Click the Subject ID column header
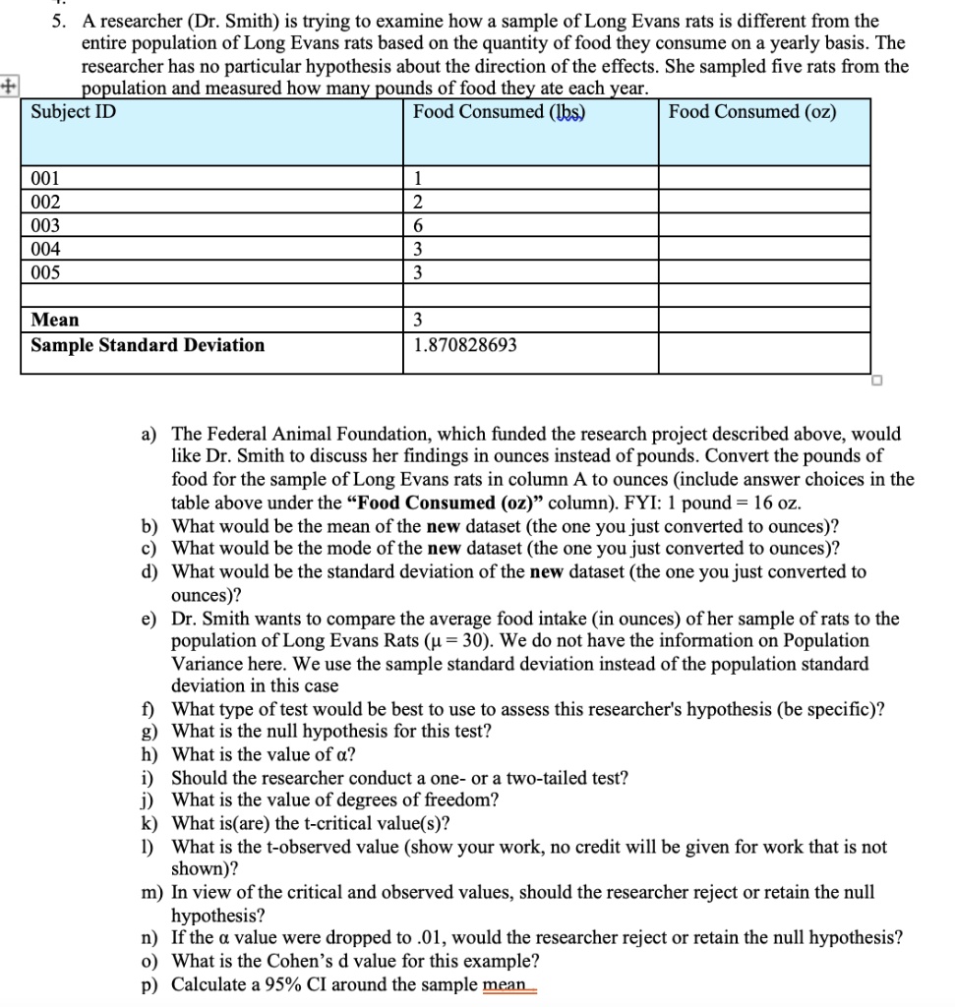73,112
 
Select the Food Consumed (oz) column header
752,112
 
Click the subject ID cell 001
45,179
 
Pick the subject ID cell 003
45,225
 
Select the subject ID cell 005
45,272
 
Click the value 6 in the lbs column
419,225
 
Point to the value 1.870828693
465,345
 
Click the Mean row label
55,320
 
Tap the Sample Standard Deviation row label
148,345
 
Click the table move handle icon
9,87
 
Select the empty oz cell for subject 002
764,202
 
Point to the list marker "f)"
149,709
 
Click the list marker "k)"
149,823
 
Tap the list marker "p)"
149,984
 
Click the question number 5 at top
58,21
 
